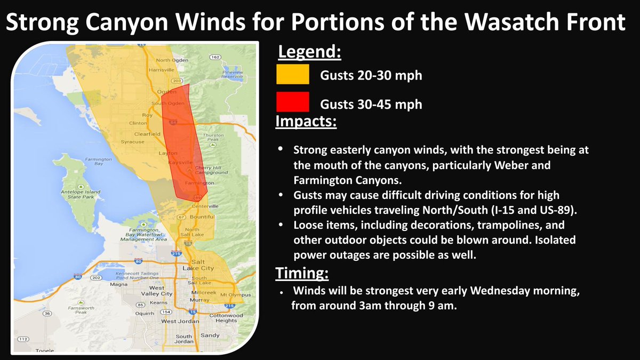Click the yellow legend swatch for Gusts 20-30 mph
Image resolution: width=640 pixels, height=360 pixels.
click(x=293, y=75)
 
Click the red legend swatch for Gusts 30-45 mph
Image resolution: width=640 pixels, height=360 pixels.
click(x=293, y=102)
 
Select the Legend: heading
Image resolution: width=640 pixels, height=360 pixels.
click(x=309, y=53)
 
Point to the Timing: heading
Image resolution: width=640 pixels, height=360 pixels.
click(x=301, y=274)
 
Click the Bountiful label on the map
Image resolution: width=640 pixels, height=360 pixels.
click(x=202, y=217)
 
